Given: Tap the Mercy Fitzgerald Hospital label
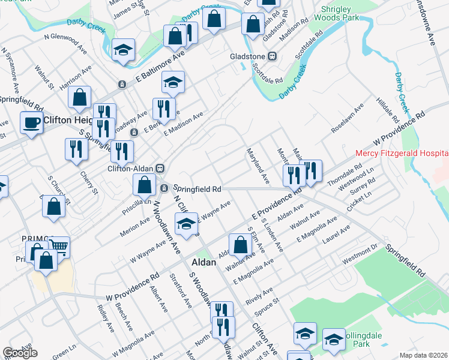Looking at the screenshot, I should coord(402,154).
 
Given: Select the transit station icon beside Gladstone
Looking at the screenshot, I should coord(272,56).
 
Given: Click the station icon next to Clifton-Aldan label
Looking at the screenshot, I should coord(160,168).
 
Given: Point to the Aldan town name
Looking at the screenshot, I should coord(203,262).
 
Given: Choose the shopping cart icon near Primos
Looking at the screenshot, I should coord(59,246).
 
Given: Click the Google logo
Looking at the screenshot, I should coord(20,353).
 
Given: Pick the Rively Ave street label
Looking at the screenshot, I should coord(259,294).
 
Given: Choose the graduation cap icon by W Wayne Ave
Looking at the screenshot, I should coord(186,224).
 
